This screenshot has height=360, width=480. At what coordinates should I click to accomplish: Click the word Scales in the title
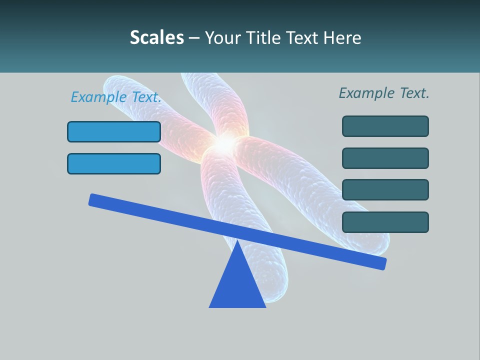tap(156, 37)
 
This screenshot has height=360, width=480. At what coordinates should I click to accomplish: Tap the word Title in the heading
tap(261, 37)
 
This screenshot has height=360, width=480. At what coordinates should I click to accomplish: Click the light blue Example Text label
tap(116, 97)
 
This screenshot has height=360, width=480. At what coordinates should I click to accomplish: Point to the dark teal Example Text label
tap(384, 93)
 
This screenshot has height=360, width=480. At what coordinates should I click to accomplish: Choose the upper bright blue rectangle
tap(114, 131)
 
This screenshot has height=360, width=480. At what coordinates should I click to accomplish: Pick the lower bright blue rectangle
tap(114, 163)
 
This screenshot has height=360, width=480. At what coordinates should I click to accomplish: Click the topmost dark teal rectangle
tap(385, 126)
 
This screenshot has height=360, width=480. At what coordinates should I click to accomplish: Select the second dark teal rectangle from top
tap(385, 158)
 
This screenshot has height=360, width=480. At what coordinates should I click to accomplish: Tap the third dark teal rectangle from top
tap(385, 189)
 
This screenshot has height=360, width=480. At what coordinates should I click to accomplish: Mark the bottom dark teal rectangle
tap(385, 222)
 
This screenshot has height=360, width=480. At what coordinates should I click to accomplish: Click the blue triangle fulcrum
tap(237, 285)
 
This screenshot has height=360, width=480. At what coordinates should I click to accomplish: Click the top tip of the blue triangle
tap(237, 242)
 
